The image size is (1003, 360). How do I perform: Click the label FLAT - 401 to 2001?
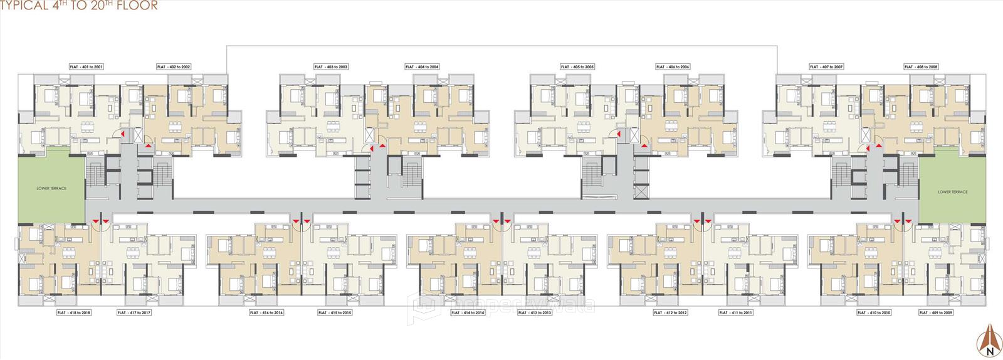coord(86,66)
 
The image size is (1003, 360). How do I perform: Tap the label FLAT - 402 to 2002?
coord(174,66)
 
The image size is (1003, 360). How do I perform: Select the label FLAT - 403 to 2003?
coord(331,66)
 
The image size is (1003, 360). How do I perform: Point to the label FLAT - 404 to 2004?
coord(422,66)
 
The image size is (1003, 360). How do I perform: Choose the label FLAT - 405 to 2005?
coord(577,66)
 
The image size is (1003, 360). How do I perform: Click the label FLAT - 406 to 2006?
coord(673,66)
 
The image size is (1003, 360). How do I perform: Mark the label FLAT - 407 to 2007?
coord(826,66)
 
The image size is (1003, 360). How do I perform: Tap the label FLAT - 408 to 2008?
coord(921,66)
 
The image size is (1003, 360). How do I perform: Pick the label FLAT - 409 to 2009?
coord(935,312)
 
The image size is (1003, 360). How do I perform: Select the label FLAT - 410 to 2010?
coord(874,312)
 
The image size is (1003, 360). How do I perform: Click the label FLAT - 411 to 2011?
coord(736,312)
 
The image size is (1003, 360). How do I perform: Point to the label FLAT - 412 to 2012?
coord(670,312)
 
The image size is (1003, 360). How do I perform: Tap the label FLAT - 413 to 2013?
coord(535,312)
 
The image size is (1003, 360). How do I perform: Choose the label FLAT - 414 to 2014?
coord(468,312)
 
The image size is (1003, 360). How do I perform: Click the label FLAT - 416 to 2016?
coord(266,312)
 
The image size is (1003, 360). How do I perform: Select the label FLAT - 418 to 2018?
coord(74,312)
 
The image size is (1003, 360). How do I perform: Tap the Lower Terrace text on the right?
coord(952,192)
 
